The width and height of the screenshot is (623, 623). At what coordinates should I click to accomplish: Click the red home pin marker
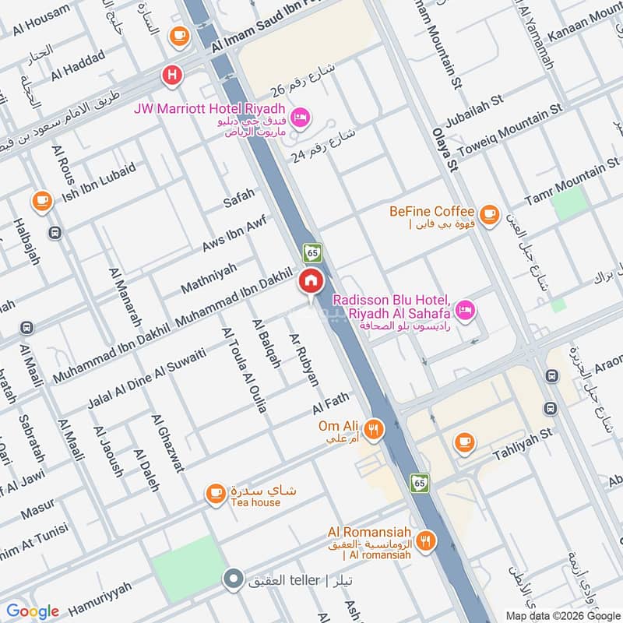[311, 281]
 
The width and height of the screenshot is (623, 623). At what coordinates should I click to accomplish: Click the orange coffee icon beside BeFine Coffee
[489, 213]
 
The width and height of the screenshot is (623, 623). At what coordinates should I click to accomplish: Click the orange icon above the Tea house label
[216, 492]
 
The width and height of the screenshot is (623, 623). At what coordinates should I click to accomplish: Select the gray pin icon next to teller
[232, 579]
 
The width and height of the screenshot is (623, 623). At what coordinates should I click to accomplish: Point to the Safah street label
[239, 199]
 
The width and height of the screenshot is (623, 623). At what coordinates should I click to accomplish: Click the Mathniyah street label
[209, 278]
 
